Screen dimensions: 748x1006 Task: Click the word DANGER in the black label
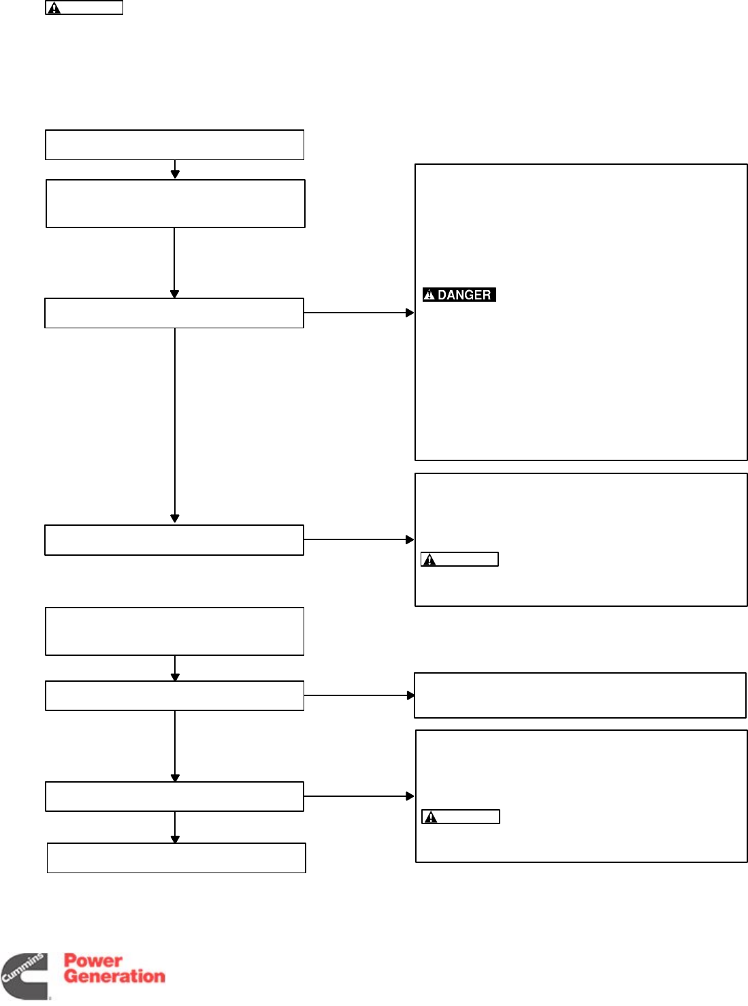point(464,295)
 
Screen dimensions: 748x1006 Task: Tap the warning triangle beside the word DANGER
point(429,295)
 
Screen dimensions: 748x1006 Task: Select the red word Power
point(93,961)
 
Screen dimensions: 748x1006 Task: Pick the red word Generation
point(114,976)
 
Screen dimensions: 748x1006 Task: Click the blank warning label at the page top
point(84,8)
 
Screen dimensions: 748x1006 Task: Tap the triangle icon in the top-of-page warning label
point(54,8)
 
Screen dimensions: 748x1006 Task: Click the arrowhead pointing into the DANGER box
point(410,313)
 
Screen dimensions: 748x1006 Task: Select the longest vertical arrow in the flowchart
point(175,426)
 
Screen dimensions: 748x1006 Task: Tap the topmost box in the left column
point(174,145)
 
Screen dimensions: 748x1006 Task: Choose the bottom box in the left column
point(176,858)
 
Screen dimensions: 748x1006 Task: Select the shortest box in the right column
point(580,695)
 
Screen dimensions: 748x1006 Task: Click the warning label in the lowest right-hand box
point(461,817)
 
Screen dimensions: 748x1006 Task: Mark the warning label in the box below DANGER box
point(459,559)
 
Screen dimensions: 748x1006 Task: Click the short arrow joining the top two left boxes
point(175,170)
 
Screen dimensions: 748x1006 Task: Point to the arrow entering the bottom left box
point(175,828)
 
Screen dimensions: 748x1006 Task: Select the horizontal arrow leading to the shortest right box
point(359,695)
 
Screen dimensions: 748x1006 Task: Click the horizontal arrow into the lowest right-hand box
point(359,796)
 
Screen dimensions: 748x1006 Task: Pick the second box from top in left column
point(175,204)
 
